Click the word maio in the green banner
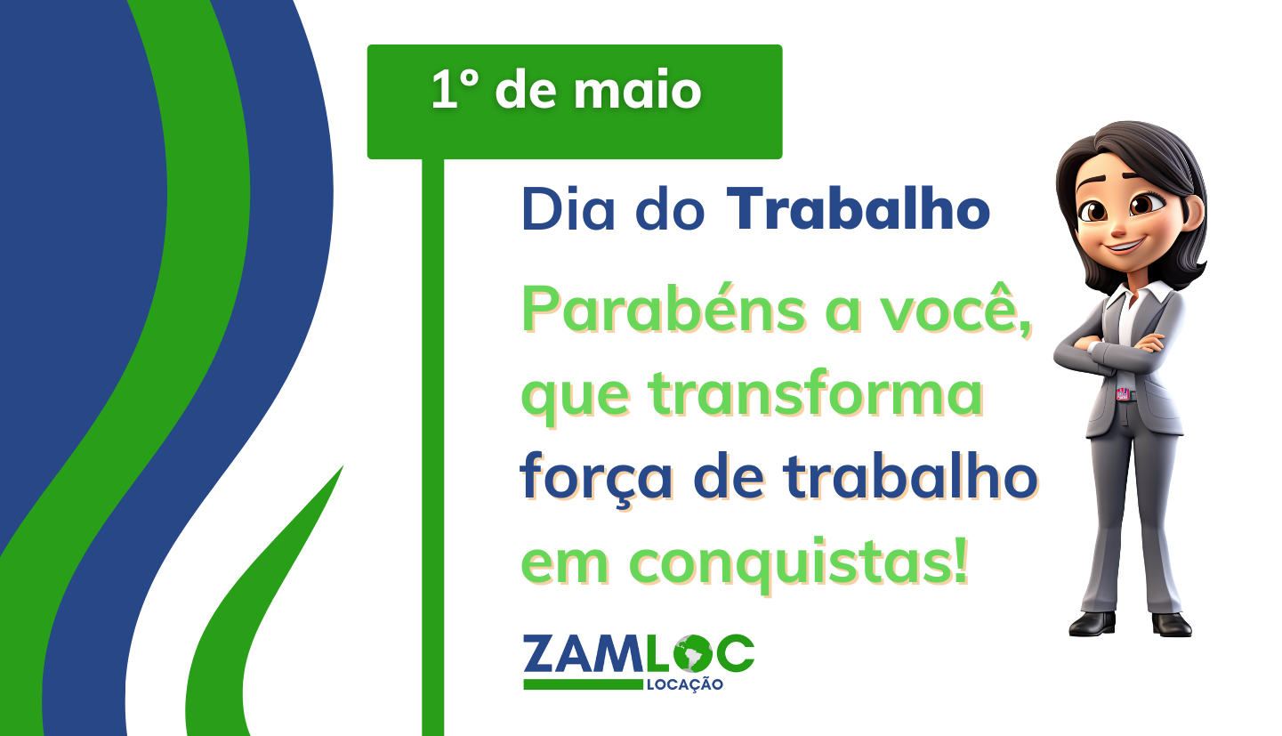pos(638,90)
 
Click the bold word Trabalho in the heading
pos(859,208)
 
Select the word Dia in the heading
pos(568,208)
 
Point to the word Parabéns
pos(664,308)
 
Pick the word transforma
pos(815,393)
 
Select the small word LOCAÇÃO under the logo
pos(684,683)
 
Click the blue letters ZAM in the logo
pos(584,653)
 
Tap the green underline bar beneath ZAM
pos(584,684)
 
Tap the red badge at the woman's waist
pos(1123,393)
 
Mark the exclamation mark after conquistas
pos(961,557)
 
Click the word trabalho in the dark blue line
pos(911,476)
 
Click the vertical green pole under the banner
pos(432,448)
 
